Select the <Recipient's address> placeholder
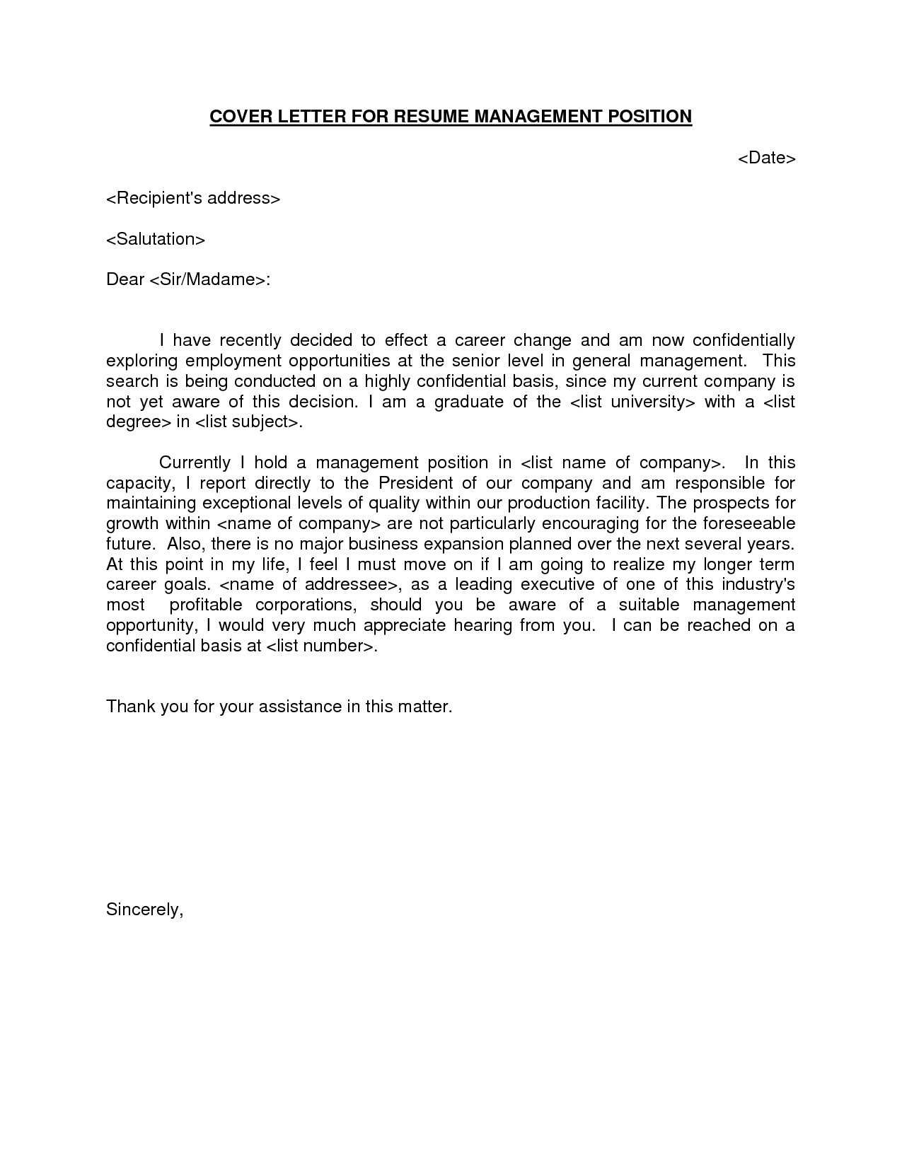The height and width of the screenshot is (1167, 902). [x=193, y=198]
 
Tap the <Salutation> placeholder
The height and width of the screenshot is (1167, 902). [x=156, y=239]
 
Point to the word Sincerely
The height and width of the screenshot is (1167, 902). [x=144, y=910]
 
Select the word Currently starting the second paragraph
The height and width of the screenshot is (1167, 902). [x=195, y=463]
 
